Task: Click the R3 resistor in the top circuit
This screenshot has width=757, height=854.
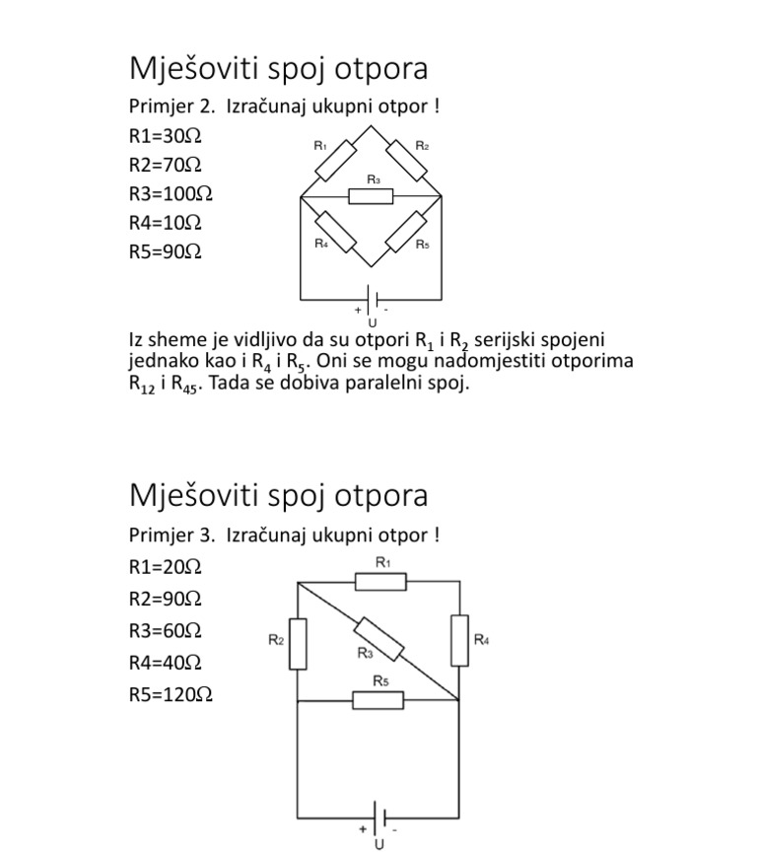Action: pyautogui.click(x=371, y=196)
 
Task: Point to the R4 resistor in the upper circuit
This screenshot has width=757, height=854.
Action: pyautogui.click(x=335, y=231)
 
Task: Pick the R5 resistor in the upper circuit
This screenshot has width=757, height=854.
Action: pyautogui.click(x=406, y=231)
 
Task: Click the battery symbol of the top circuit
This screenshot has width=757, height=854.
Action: pyautogui.click(x=371, y=298)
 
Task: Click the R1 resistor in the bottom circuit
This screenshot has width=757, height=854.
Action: pyautogui.click(x=380, y=582)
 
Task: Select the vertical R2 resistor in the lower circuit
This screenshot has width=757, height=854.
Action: pyautogui.click(x=298, y=643)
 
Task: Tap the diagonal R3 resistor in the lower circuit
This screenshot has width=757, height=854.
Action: pyautogui.click(x=379, y=639)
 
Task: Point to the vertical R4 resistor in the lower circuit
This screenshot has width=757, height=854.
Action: pyautogui.click(x=460, y=639)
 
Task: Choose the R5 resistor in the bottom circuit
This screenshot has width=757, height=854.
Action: pyautogui.click(x=378, y=699)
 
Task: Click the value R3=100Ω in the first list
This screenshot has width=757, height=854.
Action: pyautogui.click(x=171, y=193)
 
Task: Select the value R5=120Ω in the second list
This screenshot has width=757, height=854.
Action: pyautogui.click(x=171, y=694)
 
